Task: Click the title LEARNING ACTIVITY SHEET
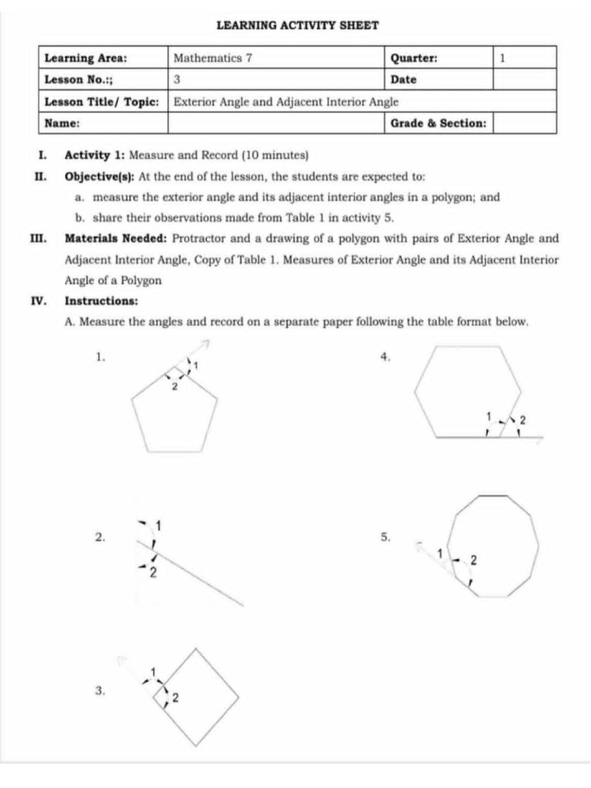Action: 297,25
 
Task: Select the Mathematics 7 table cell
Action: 213,58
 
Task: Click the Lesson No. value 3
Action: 177,79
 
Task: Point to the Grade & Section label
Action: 438,123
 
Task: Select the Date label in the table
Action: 403,79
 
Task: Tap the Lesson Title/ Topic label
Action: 102,102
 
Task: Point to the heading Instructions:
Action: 102,301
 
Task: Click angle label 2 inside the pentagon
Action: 174,386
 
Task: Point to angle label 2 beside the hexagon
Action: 523,420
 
